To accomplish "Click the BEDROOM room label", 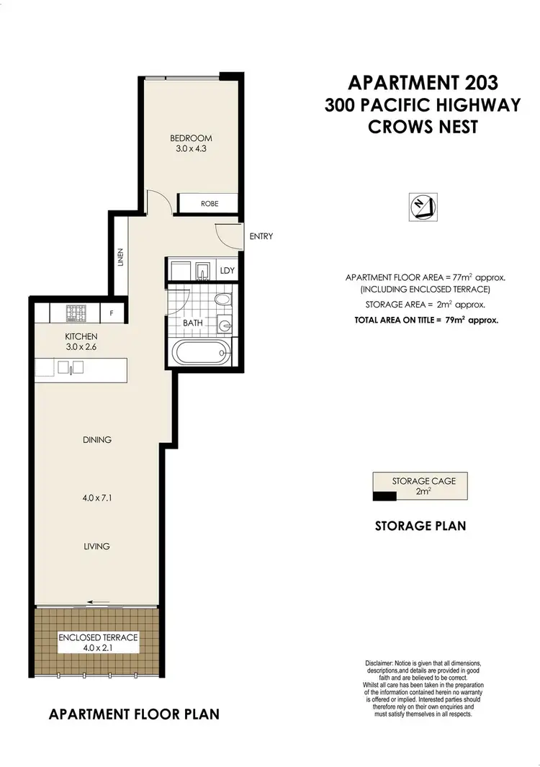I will (x=191, y=138).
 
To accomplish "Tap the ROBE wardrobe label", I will (x=209, y=204).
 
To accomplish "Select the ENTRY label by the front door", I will (x=261, y=236).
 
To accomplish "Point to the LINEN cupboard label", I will (x=121, y=257).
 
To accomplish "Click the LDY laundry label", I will (x=228, y=271).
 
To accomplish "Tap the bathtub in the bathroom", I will (x=201, y=354).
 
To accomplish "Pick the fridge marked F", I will (x=112, y=314).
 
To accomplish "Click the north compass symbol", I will (x=421, y=207).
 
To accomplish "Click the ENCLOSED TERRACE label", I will (x=97, y=637).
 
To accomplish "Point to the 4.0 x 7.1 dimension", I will (x=96, y=495).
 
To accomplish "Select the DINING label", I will (x=96, y=439).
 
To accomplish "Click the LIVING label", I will (x=96, y=546).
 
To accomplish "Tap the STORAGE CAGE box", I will (x=419, y=487).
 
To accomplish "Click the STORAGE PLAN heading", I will (x=420, y=526).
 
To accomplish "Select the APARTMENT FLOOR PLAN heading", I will (x=134, y=714).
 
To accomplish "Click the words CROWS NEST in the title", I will (x=423, y=127).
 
